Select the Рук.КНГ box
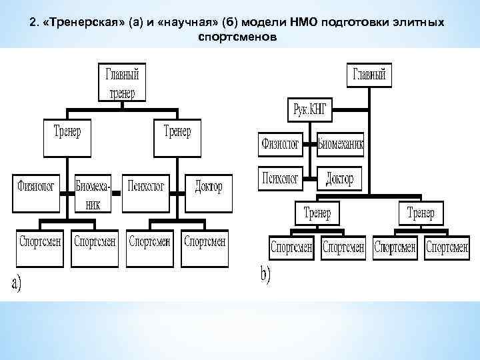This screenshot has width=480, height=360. click(x=309, y=110)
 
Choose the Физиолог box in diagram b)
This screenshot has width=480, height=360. click(x=280, y=144)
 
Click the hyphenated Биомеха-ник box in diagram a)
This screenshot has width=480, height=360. click(x=93, y=193)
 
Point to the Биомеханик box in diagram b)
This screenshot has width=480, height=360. click(x=341, y=144)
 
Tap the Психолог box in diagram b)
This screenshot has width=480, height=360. click(x=280, y=178)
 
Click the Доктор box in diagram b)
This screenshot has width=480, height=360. click(x=341, y=178)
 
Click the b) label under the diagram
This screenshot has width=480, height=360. click(x=265, y=275)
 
